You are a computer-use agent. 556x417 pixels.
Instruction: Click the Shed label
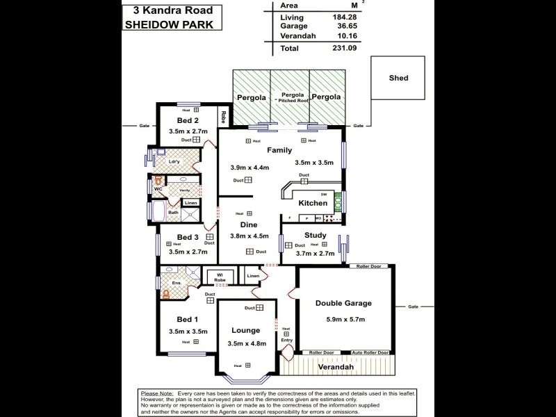click(x=398, y=79)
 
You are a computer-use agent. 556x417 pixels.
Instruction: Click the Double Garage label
click(x=343, y=303)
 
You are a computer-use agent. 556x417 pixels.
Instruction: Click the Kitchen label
click(x=312, y=204)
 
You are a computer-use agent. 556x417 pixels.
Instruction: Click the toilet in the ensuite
click(x=165, y=293)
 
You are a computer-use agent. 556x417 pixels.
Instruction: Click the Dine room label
click(x=250, y=224)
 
